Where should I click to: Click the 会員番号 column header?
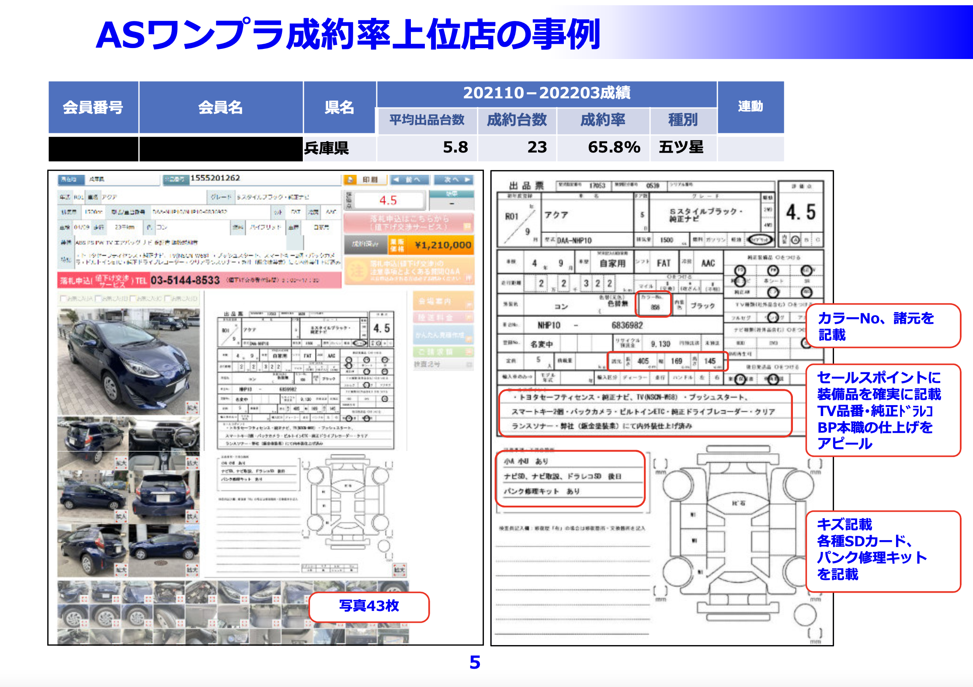pyautogui.click(x=93, y=107)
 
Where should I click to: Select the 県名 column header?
pyautogui.click(x=339, y=107)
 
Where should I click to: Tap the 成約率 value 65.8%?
pyautogui.click(x=614, y=147)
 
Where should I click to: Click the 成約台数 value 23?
pyautogui.click(x=537, y=147)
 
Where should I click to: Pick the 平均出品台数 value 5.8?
pyautogui.click(x=455, y=147)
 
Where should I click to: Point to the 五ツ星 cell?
pyautogui.click(x=681, y=147)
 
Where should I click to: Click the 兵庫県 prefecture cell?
pyautogui.click(x=327, y=148)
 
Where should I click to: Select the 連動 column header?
pyautogui.click(x=750, y=106)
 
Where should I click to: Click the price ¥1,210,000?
pyautogui.click(x=443, y=245)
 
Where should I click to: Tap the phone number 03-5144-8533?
pyautogui.click(x=185, y=280)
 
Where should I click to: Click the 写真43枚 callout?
pyautogui.click(x=369, y=606)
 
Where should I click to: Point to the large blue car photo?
pyautogui.click(x=128, y=361)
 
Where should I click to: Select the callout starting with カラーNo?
pyautogui.click(x=883, y=326)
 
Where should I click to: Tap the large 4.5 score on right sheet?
pyautogui.click(x=800, y=212)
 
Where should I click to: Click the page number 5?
pyautogui.click(x=475, y=663)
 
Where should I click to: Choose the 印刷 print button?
pyautogui.click(x=365, y=180)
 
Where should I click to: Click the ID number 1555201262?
pyautogui.click(x=215, y=178)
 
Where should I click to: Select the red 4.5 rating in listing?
pyautogui.click(x=388, y=201)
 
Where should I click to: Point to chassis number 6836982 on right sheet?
pyautogui.click(x=627, y=325)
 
